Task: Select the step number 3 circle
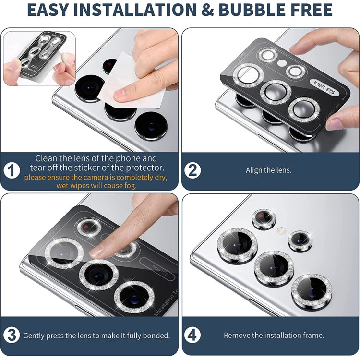tap(12, 336)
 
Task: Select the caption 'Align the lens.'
tap(268, 170)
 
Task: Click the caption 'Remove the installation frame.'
tap(274, 336)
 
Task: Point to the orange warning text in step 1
tap(96, 181)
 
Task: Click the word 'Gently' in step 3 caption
tap(35, 336)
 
